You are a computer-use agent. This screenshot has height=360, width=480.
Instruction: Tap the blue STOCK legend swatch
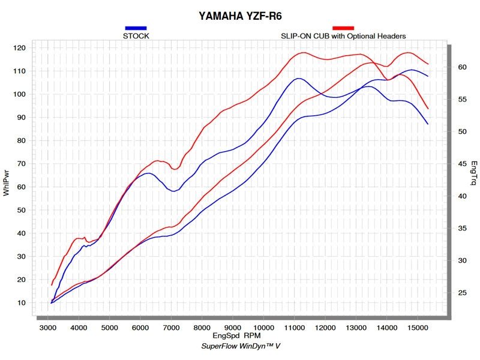136,28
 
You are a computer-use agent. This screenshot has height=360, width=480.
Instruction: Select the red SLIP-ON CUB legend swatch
343,28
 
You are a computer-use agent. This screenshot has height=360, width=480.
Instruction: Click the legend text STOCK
136,36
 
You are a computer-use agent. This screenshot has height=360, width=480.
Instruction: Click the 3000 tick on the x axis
49,328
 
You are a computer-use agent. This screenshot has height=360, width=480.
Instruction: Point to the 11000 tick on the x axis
295,328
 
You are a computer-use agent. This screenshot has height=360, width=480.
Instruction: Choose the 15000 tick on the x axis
418,328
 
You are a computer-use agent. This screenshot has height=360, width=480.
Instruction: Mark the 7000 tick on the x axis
172,328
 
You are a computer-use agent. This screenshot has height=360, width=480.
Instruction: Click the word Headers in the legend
392,36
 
